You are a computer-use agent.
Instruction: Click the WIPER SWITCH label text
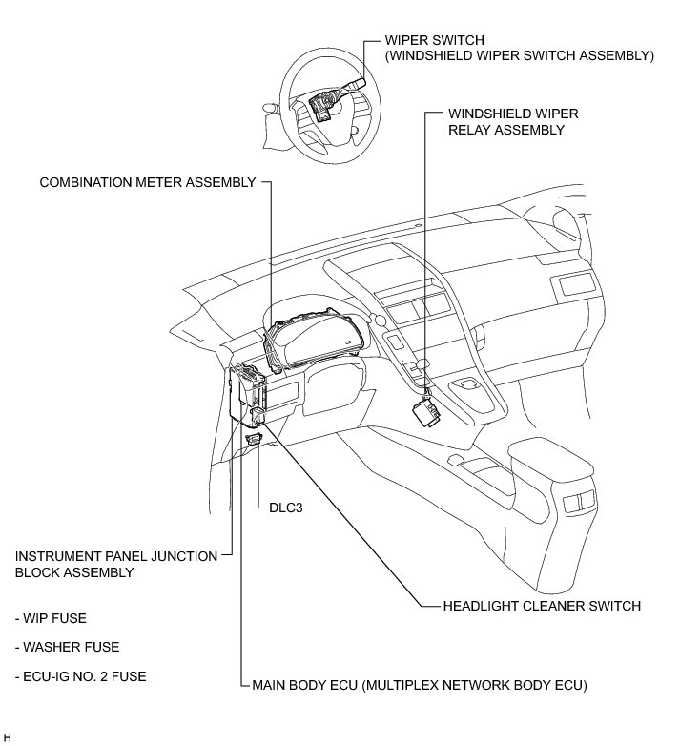(434, 40)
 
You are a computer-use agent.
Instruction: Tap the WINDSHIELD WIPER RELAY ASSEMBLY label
(513, 121)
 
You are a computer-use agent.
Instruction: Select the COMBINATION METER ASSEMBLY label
(148, 182)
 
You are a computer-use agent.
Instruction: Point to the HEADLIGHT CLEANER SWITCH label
(542, 606)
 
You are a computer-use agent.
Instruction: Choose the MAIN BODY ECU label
(419, 685)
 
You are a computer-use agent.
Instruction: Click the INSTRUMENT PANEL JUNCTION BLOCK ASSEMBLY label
(114, 563)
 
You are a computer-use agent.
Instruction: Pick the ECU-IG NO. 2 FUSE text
(80, 676)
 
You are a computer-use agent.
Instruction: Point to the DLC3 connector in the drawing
(255, 438)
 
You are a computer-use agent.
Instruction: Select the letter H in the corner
(7, 737)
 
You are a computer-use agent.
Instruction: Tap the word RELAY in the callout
(469, 130)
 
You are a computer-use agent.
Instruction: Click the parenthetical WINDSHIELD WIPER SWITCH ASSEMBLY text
(519, 55)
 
